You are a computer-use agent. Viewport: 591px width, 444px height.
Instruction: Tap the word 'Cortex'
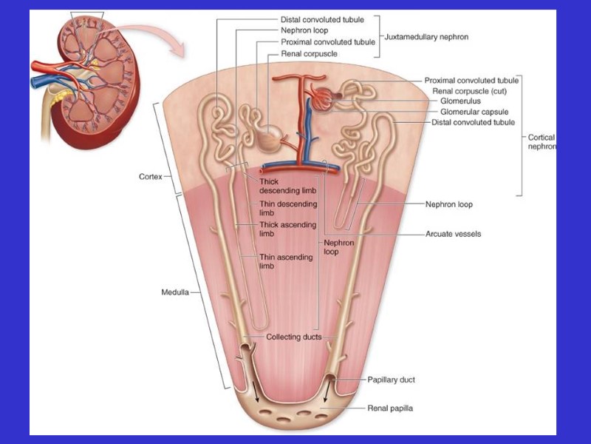click(x=151, y=177)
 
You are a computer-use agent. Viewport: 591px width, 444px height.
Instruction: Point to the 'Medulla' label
click(x=176, y=292)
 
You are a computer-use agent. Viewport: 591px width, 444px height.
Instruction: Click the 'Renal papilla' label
click(x=391, y=408)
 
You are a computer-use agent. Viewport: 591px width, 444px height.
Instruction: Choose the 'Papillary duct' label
click(x=391, y=380)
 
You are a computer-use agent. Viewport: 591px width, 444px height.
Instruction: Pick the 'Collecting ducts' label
click(x=294, y=337)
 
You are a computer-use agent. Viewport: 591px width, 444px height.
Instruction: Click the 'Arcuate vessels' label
click(x=453, y=234)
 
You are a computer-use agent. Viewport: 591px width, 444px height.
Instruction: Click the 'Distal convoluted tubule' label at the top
click(x=322, y=19)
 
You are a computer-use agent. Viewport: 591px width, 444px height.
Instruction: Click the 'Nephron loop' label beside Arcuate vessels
click(x=448, y=204)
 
